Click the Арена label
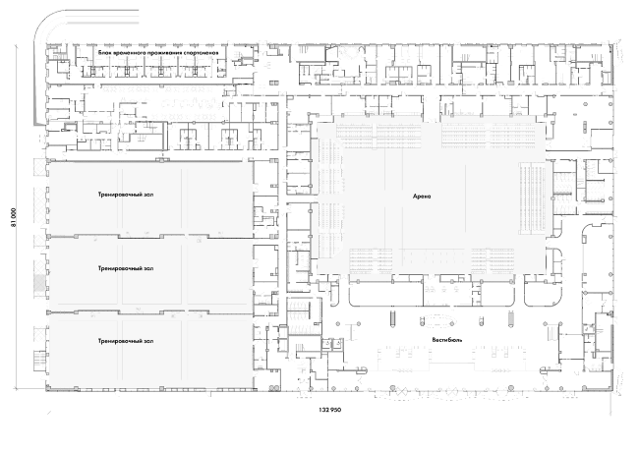pos(422,197)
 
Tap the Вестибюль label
pos(447,339)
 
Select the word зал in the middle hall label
pos(148,268)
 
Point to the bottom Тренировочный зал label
pos(126,341)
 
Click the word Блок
pos(104,53)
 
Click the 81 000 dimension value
pos(14,217)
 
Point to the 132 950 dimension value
pos(329,410)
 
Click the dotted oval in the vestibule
pos(436,320)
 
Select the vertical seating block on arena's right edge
pos(532,198)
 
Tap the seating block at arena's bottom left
pos(371,260)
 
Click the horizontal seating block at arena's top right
pos(492,135)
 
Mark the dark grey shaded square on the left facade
pos(39,282)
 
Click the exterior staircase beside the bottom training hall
pos(40,361)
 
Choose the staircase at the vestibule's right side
pos(550,332)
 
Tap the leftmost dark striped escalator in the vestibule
pos(392,318)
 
